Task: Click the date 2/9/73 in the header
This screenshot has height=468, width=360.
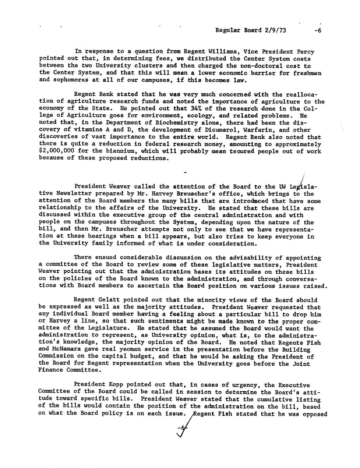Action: point(274,30)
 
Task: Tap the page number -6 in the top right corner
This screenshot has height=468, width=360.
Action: point(318,30)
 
